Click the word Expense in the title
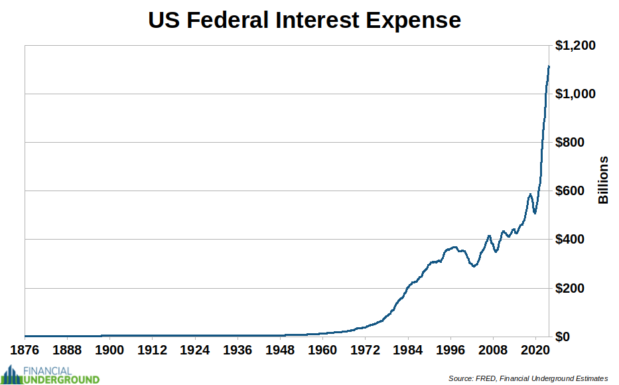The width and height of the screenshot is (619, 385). (x=415, y=20)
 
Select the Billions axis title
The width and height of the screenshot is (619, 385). (x=603, y=180)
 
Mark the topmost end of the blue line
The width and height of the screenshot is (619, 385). (x=549, y=66)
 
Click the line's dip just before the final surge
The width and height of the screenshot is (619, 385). (x=535, y=212)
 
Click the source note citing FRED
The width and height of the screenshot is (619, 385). (x=527, y=378)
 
